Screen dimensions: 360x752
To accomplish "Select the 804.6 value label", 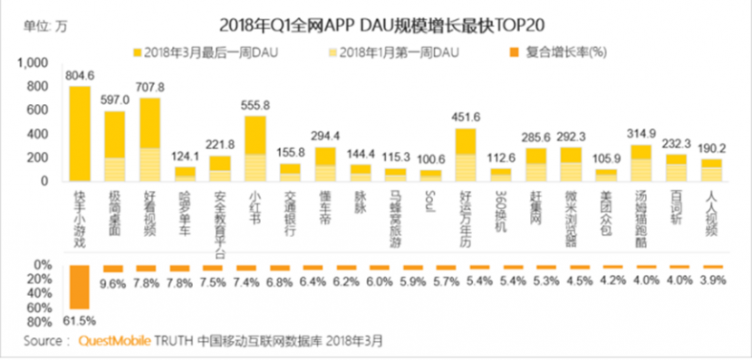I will tap(79, 74).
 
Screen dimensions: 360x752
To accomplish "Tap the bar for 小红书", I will tap(254, 149).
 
